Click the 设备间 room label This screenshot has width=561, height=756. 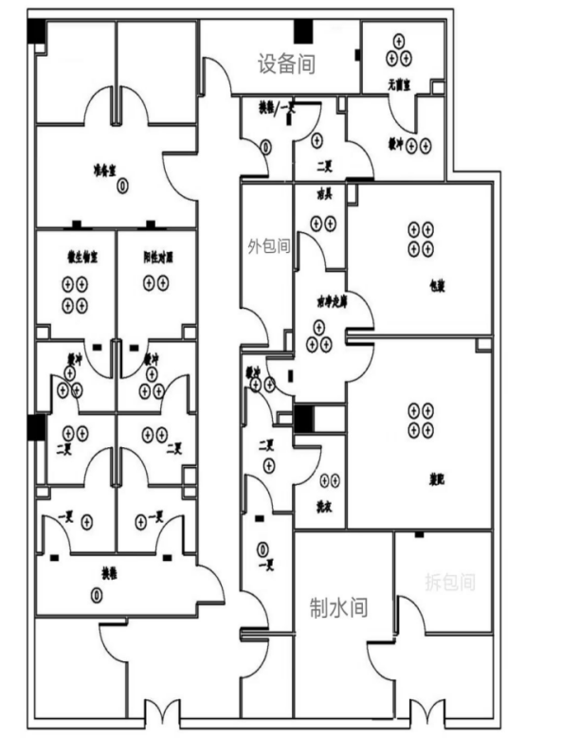(x=286, y=64)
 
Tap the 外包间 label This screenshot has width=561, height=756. (x=268, y=246)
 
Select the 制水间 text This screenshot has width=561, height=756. (x=338, y=606)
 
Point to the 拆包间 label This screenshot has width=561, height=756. (x=448, y=582)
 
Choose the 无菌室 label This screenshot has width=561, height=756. (x=397, y=85)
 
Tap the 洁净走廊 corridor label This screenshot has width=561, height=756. (x=328, y=300)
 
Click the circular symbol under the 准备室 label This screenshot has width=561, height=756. (x=122, y=186)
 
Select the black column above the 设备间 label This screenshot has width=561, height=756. (x=303, y=31)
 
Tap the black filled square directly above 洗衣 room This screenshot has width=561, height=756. (x=305, y=417)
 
